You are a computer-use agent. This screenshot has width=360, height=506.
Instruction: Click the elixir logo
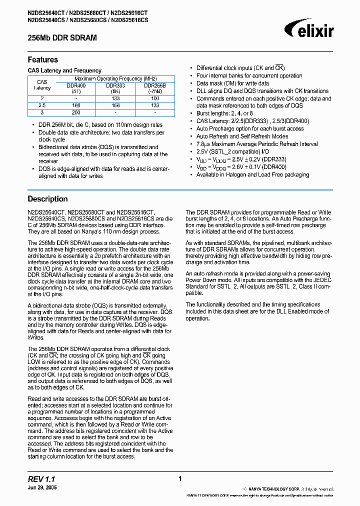tap(311, 30)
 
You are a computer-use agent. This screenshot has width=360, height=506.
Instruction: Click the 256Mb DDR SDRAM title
tap(62, 37)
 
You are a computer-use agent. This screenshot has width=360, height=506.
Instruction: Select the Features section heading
tap(42, 59)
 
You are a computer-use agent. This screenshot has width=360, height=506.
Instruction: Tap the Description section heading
tap(47, 198)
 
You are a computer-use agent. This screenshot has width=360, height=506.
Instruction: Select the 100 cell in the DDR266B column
tap(155, 98)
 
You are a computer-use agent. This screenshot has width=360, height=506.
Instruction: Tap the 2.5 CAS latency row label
tap(42, 105)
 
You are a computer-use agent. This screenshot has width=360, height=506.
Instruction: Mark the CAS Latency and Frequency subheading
tap(64, 70)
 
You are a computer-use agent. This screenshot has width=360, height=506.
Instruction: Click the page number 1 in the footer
tap(179, 478)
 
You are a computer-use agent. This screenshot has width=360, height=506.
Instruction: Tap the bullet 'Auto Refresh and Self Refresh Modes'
tap(242, 136)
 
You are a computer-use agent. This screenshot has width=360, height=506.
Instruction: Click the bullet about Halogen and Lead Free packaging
tap(252, 174)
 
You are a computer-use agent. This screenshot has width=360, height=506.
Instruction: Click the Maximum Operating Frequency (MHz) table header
tap(115, 78)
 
